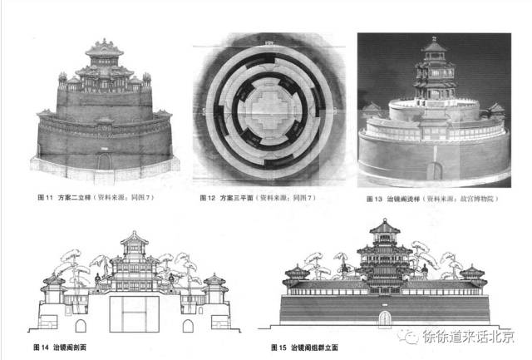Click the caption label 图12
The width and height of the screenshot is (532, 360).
tap(209, 200)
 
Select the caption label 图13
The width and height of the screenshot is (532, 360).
tap(372, 200)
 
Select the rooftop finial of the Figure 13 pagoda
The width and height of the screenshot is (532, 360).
tap(433, 39)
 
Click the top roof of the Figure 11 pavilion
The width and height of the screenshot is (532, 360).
tap(106, 46)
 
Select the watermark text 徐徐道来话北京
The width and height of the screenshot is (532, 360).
tap(469, 338)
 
